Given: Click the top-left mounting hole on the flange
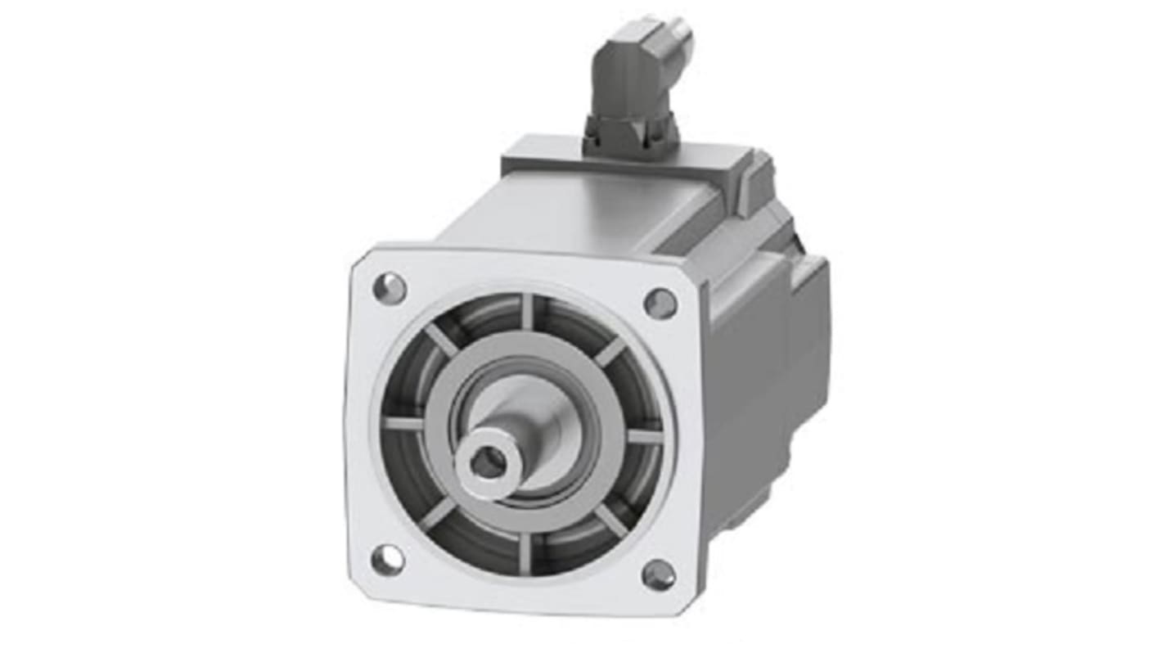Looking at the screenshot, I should click(390, 287).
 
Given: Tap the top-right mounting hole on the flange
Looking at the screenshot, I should click(660, 304).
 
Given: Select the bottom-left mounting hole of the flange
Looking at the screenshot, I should click(387, 560).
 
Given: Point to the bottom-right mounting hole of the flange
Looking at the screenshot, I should click(659, 575).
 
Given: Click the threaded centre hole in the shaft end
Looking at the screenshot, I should click(487, 464).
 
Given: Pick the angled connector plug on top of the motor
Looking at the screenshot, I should click(636, 90).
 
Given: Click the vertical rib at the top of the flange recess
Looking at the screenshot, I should click(528, 311).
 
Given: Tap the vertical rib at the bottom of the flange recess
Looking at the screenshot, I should click(525, 553).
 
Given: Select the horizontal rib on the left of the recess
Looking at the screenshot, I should click(403, 423).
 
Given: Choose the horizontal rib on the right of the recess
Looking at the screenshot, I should click(645, 436).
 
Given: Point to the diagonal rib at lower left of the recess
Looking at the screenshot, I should click(438, 514).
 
